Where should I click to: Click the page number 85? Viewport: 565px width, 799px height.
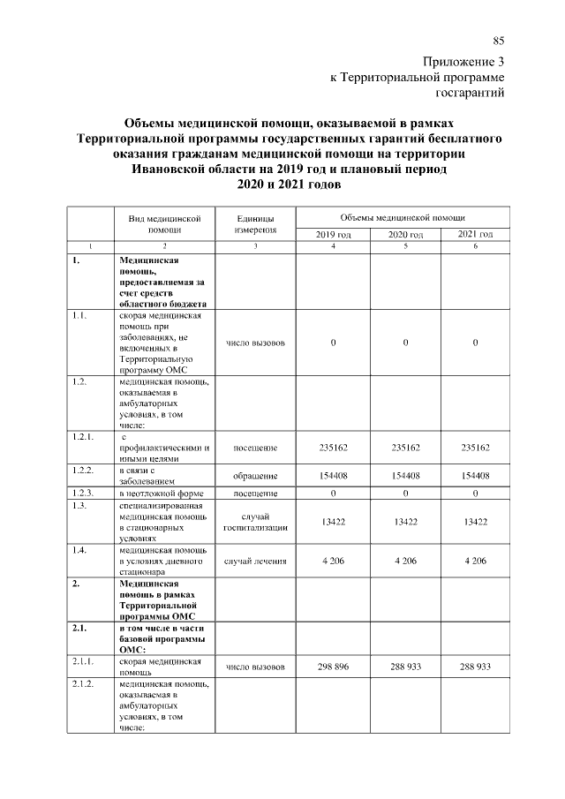(x=498, y=41)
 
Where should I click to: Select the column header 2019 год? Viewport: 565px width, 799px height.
(x=333, y=234)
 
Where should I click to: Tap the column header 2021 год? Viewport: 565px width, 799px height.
(x=475, y=234)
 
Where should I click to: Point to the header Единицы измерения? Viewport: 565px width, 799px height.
(x=255, y=223)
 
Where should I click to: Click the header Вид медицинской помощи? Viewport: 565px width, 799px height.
(x=159, y=223)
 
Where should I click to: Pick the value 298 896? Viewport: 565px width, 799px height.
(x=333, y=667)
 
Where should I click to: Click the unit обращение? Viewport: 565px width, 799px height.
(x=255, y=475)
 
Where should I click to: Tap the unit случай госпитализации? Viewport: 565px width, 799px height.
(x=255, y=522)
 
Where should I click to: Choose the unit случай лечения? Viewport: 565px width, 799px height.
(x=255, y=561)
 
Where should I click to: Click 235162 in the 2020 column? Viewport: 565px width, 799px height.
(x=405, y=448)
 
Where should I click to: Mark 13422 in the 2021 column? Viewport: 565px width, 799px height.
(x=475, y=522)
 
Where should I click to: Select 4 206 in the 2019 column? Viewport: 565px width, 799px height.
(x=333, y=561)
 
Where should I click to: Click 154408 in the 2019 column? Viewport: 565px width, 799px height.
(x=333, y=475)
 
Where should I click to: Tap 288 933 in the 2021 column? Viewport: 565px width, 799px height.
(x=475, y=667)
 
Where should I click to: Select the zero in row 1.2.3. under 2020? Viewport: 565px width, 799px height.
(x=405, y=493)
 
